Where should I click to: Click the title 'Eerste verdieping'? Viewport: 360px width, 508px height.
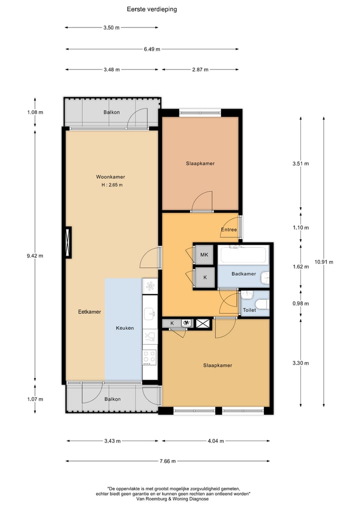click(x=151, y=9)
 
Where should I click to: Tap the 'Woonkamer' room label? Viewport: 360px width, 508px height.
click(x=110, y=177)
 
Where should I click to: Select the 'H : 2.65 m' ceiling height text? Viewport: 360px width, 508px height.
click(x=111, y=185)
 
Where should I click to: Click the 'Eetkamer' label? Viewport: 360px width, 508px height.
click(x=89, y=312)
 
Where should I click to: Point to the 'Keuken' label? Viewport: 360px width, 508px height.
click(x=124, y=328)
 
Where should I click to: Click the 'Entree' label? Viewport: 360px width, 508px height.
click(x=228, y=230)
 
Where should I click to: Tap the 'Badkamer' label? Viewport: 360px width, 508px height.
click(x=243, y=274)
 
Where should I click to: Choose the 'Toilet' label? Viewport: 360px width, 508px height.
click(x=249, y=310)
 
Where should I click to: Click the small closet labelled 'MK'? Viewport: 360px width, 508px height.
click(x=204, y=255)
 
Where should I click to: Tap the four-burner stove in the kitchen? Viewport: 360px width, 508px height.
click(x=149, y=357)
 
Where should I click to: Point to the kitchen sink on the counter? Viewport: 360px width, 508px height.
click(x=149, y=314)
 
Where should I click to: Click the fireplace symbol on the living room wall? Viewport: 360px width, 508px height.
click(x=67, y=242)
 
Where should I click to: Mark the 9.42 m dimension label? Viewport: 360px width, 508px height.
click(x=35, y=256)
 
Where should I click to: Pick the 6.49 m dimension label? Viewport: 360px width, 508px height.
click(x=151, y=49)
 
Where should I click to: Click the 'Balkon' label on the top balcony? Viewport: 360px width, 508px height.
click(x=111, y=112)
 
